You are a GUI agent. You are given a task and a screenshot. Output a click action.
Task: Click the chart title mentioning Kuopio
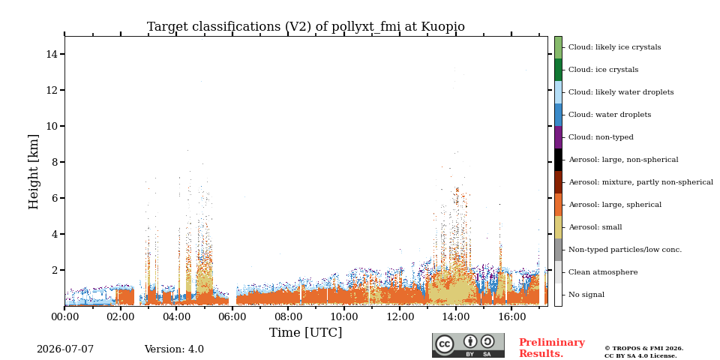(x=305, y=27)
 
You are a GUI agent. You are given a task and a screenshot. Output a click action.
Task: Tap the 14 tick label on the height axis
(x=52, y=54)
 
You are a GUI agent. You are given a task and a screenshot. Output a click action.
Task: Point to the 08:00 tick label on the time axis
(x=288, y=316)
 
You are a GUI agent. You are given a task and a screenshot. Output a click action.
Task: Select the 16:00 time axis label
(x=512, y=316)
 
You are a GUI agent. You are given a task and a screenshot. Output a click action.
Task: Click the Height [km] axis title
(x=34, y=172)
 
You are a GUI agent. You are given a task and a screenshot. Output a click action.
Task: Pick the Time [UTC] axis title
(x=305, y=332)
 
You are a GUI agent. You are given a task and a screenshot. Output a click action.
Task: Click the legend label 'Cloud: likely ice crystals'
(x=615, y=46)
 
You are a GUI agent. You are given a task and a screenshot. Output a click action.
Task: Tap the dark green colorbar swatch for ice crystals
(x=558, y=70)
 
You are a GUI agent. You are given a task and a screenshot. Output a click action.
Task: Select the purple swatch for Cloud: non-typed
(x=558, y=137)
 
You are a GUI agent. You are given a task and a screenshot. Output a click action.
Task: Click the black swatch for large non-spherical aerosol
(x=558, y=160)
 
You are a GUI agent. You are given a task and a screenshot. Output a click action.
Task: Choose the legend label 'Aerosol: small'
(x=595, y=227)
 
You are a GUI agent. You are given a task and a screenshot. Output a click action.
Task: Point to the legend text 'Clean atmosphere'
(x=603, y=272)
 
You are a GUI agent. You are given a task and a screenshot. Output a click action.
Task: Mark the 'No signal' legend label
(x=586, y=295)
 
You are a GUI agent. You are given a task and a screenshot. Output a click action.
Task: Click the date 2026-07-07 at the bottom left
(x=65, y=349)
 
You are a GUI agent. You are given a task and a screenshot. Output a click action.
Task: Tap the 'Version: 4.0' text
(x=174, y=349)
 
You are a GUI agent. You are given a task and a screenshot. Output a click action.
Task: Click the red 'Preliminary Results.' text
(x=552, y=348)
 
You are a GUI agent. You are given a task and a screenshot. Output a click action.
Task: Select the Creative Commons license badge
(x=468, y=345)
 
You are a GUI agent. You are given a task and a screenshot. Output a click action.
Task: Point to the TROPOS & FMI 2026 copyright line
(x=643, y=349)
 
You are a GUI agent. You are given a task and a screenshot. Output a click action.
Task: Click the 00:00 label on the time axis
(x=64, y=316)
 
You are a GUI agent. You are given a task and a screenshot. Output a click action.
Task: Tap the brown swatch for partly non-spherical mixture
(x=558, y=182)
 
